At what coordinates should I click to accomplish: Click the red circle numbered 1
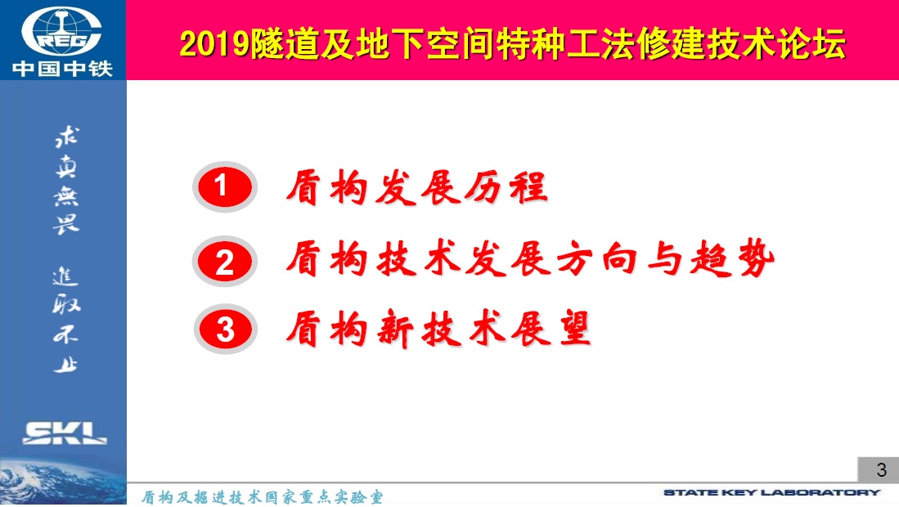point(225,186)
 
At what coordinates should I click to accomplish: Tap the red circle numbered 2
point(225,261)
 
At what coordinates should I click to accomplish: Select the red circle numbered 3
point(225,330)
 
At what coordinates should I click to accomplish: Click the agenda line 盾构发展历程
point(417,187)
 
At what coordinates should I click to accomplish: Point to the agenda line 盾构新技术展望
point(438,330)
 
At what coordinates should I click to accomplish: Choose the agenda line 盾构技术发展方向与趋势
point(530,259)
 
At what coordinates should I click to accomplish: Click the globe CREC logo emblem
point(62,31)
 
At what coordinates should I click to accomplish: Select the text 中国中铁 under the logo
point(62,69)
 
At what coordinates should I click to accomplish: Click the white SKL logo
point(64,433)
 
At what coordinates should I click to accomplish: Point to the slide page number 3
point(882,469)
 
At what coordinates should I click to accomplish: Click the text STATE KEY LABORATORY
point(771,492)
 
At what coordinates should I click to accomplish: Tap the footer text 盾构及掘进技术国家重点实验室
point(262,496)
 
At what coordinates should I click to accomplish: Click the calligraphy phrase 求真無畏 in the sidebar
point(66,180)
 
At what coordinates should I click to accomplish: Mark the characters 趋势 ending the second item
point(733,259)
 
